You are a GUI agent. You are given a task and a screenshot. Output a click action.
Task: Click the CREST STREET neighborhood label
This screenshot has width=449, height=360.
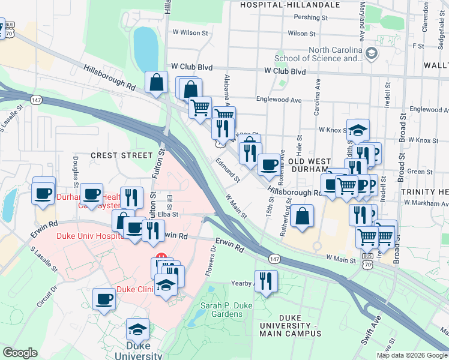point(122,155)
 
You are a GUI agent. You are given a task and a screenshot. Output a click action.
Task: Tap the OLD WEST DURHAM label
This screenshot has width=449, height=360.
point(309,166)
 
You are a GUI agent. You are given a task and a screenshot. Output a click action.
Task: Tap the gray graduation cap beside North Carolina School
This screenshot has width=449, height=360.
point(371,54)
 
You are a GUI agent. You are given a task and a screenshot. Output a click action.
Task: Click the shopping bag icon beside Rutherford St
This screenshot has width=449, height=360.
point(304,216)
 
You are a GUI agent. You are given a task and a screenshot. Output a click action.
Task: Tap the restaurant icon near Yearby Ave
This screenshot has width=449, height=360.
point(266,280)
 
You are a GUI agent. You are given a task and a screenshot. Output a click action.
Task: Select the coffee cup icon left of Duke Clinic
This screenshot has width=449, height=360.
point(104,298)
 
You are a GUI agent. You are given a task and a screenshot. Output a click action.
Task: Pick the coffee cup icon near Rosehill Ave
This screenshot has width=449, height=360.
point(268,164)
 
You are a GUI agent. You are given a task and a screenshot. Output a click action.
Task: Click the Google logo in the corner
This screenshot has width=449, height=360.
point(20,353)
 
